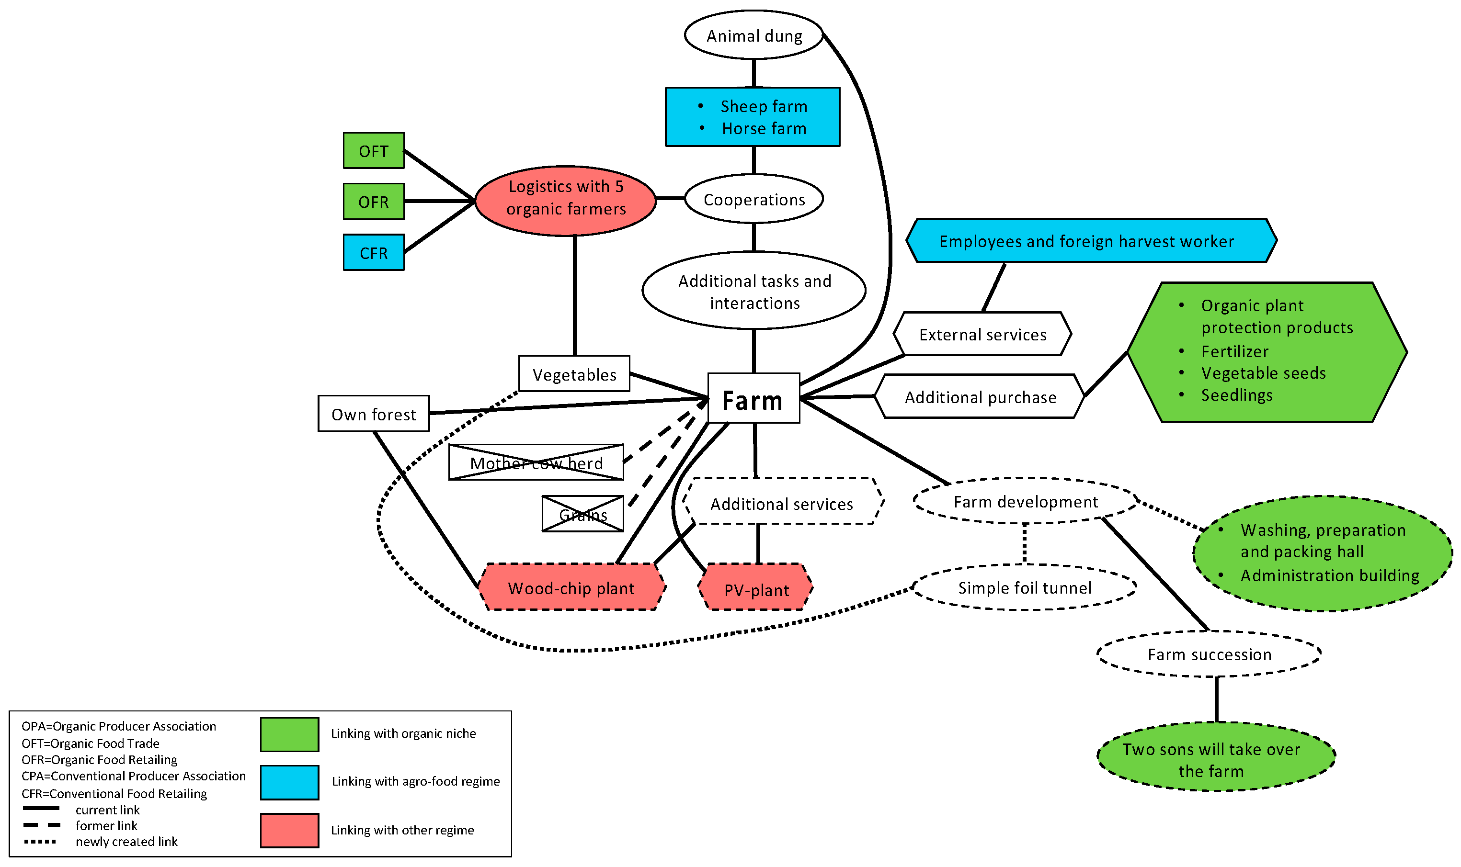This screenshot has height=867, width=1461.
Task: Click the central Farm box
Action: click(x=753, y=398)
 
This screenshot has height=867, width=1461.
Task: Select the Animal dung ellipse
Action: click(x=754, y=35)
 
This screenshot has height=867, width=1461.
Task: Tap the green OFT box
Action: click(x=374, y=151)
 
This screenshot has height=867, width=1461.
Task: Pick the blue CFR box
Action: click(x=374, y=252)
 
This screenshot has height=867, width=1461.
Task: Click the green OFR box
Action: click(x=374, y=202)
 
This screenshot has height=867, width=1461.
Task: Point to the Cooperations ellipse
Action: click(x=754, y=199)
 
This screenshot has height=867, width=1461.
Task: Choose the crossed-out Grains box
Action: click(x=582, y=514)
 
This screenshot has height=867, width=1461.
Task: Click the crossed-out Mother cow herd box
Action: click(x=536, y=462)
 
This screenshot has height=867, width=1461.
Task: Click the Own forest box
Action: click(x=374, y=414)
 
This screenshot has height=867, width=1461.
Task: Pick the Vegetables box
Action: click(x=574, y=373)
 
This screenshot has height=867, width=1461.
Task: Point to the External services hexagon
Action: click(x=982, y=334)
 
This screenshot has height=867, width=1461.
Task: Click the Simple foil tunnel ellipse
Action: click(x=1025, y=587)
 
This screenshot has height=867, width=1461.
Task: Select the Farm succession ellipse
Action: click(x=1209, y=654)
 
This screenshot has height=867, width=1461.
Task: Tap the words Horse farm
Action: click(x=764, y=128)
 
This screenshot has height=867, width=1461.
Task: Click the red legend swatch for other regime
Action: click(x=289, y=830)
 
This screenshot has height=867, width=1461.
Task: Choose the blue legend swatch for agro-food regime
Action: click(x=289, y=782)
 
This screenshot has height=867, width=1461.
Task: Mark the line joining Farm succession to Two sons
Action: click(x=1217, y=699)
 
